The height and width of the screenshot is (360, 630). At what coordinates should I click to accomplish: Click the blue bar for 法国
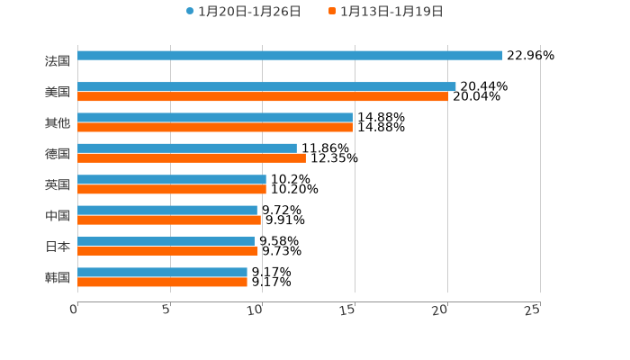290,56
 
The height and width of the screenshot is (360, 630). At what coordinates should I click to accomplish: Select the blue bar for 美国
266,86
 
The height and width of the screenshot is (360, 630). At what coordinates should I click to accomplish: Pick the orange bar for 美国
263,96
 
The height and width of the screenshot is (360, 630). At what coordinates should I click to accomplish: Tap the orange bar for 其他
215,127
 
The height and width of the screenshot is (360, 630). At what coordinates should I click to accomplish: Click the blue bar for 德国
187,148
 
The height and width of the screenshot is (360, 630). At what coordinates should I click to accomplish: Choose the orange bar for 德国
192,158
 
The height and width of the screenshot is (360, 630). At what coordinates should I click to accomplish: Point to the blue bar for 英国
172,179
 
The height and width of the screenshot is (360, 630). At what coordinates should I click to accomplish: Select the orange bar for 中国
169,220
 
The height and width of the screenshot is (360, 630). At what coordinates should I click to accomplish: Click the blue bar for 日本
166,241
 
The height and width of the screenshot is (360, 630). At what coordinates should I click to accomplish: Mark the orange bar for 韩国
163,282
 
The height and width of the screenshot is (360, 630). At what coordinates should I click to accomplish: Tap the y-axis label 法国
58,61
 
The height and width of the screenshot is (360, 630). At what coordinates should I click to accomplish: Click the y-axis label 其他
58,122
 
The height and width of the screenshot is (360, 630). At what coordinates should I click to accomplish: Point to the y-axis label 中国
58,216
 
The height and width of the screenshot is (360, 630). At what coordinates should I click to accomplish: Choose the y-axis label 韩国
58,277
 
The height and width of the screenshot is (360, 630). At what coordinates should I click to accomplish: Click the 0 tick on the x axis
75,310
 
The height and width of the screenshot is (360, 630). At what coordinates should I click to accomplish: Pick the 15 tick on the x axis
349,310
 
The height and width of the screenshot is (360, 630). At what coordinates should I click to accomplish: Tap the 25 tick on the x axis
533,310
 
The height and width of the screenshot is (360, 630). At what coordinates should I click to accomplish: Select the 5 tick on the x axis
166,310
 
